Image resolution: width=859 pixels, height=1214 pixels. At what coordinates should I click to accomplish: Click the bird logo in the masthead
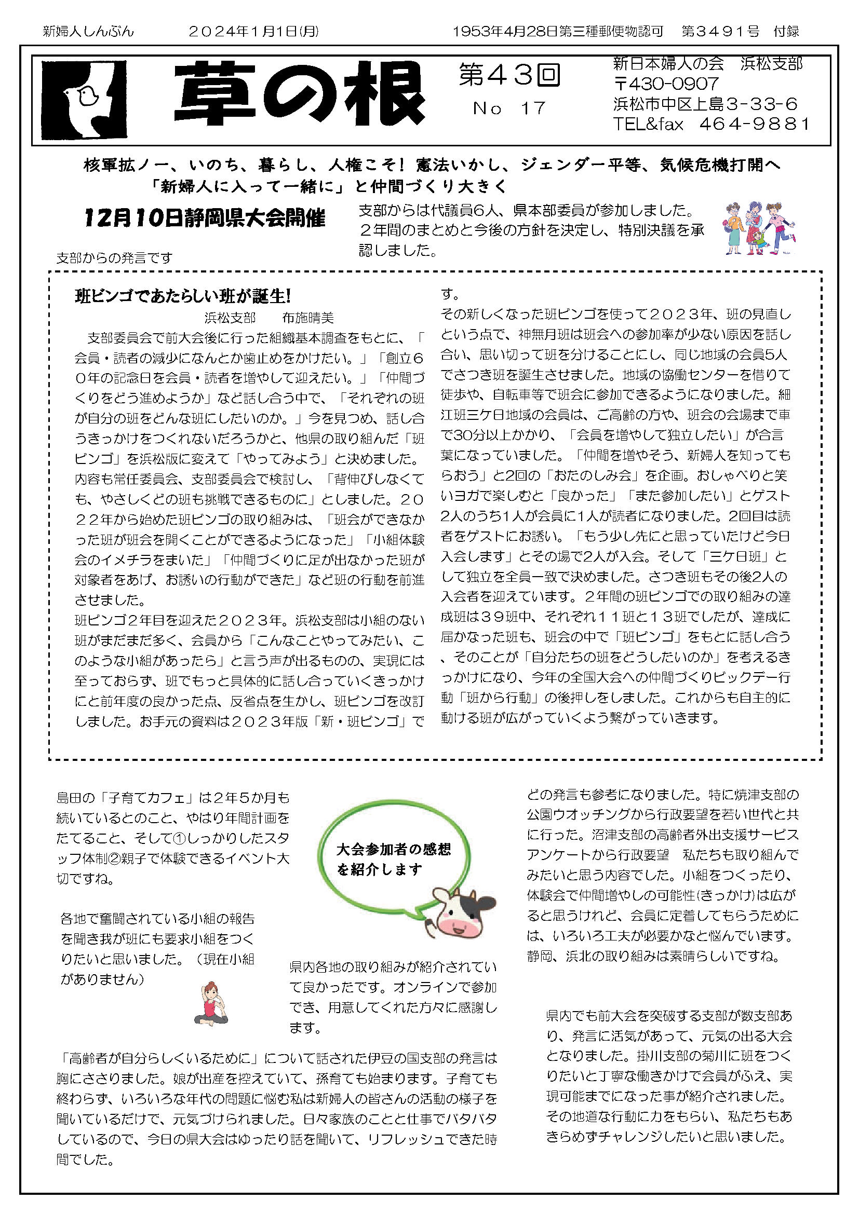[x=85, y=100]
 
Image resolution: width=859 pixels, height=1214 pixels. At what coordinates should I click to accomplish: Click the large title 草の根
[x=299, y=94]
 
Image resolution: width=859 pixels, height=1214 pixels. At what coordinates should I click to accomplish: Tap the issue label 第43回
[x=509, y=75]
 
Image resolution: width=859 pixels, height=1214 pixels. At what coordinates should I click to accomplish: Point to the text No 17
[x=509, y=108]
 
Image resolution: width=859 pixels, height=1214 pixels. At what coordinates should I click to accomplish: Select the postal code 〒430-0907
[x=666, y=84]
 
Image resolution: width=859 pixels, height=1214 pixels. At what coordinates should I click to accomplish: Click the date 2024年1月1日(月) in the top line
[x=254, y=32]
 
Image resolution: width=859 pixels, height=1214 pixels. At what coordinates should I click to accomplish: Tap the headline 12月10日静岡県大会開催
[x=205, y=218]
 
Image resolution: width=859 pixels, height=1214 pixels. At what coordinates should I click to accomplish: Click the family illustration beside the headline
[x=760, y=229]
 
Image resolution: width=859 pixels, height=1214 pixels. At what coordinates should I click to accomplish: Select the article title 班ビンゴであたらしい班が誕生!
[x=183, y=296]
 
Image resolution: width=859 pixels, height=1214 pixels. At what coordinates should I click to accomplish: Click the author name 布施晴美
[x=308, y=318]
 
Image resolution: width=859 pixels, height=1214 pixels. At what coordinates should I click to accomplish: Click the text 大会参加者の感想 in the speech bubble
[x=394, y=850]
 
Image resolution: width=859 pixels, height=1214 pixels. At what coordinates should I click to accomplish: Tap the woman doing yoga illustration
[x=211, y=1004]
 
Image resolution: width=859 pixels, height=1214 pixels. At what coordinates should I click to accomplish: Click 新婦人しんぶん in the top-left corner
[x=88, y=32]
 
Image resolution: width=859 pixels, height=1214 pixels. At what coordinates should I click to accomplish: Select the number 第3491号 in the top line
[x=720, y=32]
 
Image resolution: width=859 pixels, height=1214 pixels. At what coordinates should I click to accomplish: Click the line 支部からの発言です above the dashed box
[x=114, y=258]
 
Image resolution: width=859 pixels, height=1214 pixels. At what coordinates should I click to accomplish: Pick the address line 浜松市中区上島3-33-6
[x=705, y=104]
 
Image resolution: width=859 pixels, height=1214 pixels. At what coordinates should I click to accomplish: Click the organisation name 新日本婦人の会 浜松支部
[x=707, y=64]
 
